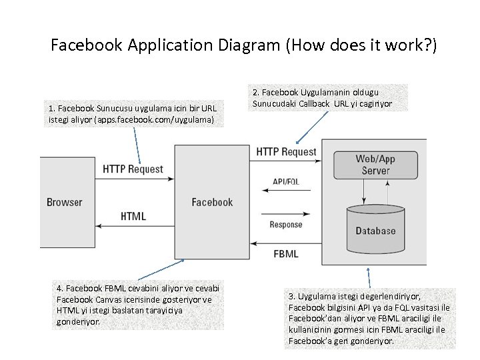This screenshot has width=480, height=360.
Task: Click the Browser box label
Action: (x=65, y=202)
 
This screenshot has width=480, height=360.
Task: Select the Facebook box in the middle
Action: (x=212, y=202)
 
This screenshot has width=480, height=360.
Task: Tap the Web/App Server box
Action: (x=376, y=164)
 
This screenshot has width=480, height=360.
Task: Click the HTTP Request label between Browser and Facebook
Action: (x=133, y=169)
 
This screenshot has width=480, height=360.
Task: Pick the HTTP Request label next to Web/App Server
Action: (x=286, y=151)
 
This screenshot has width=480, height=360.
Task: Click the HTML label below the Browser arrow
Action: (x=133, y=217)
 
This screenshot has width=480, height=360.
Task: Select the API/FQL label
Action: (x=286, y=181)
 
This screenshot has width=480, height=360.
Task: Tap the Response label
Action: (x=286, y=225)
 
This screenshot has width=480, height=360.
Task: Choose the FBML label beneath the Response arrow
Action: (x=286, y=253)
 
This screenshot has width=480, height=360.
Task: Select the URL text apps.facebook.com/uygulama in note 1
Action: (x=155, y=119)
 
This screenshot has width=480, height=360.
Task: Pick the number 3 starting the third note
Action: (x=291, y=295)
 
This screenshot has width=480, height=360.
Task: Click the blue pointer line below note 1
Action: (x=137, y=145)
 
